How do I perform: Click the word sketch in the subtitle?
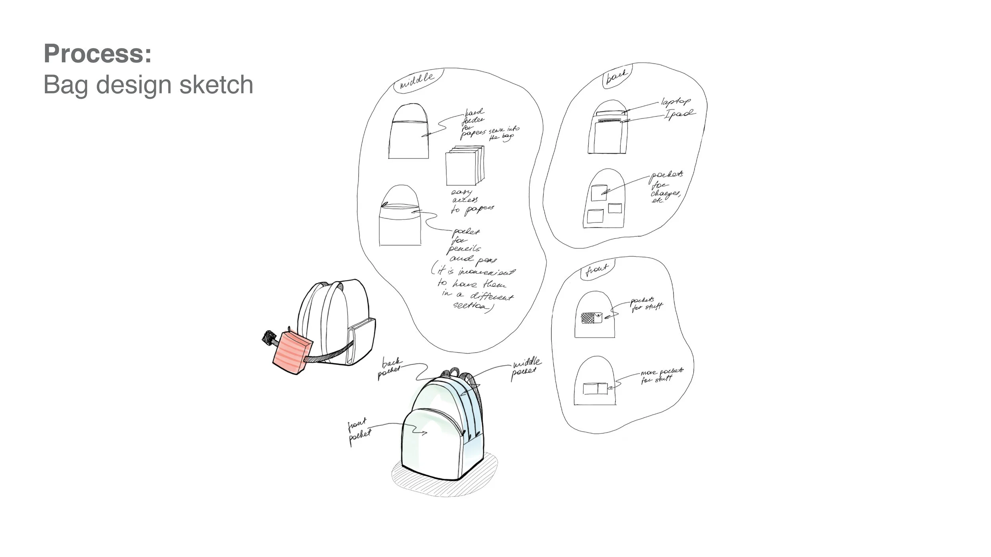pyautogui.click(x=216, y=85)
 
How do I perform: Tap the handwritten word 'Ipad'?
pyautogui.click(x=679, y=115)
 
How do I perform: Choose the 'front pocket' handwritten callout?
pyautogui.click(x=359, y=431)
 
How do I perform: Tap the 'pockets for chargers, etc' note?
pyautogui.click(x=666, y=187)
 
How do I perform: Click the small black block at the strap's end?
pyautogui.click(x=269, y=338)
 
